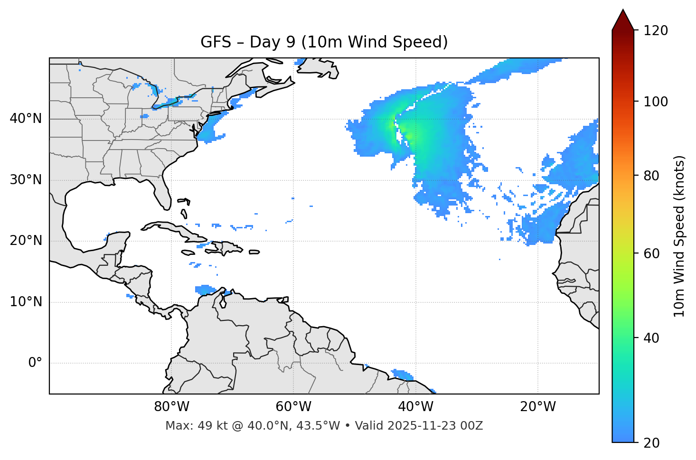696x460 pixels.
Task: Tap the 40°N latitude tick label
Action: (26, 119)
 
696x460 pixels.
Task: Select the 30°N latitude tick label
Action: (26, 180)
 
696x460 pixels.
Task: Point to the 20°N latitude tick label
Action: (26, 241)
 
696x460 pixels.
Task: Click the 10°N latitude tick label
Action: (26, 302)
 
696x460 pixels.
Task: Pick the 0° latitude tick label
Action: (35, 363)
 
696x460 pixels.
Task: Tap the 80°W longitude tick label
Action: (171, 407)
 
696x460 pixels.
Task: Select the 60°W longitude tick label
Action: (293, 407)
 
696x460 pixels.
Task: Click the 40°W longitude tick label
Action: (416, 407)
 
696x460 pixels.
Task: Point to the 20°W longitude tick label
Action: (538, 407)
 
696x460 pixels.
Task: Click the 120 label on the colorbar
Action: (656, 31)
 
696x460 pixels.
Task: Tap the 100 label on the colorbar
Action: (656, 102)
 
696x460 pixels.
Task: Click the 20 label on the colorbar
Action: (652, 443)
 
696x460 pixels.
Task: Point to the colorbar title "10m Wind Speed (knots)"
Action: (679, 236)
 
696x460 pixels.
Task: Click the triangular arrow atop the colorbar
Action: (623, 20)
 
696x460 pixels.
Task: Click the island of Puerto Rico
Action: (254, 252)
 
